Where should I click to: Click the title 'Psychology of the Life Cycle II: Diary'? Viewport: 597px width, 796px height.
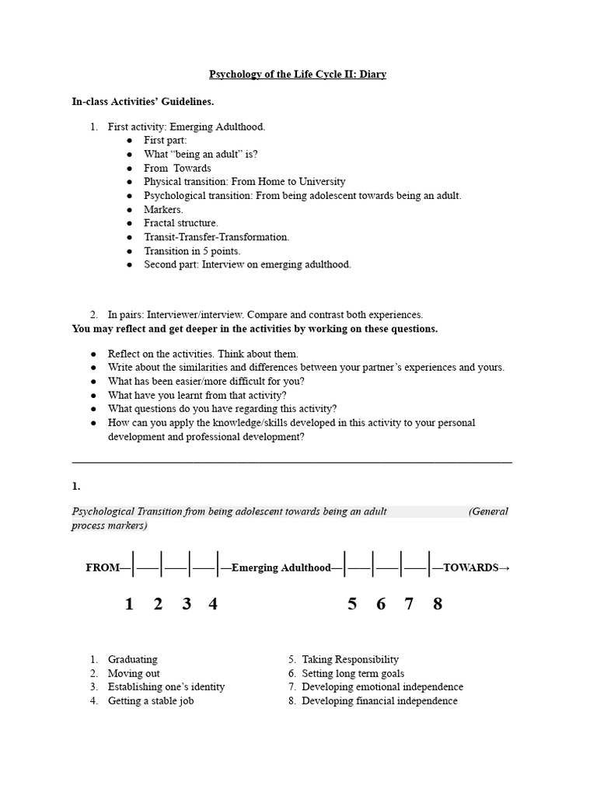[x=298, y=75]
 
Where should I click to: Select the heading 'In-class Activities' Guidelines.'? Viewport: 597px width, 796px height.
[x=142, y=101]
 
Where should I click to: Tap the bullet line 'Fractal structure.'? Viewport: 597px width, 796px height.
[x=181, y=223]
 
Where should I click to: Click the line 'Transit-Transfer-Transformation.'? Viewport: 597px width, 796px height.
[x=216, y=237]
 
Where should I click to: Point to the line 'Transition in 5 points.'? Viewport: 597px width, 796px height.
[x=192, y=251]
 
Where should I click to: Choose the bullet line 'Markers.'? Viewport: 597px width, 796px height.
[x=163, y=209]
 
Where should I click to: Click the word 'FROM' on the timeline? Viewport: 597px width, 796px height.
[x=103, y=568]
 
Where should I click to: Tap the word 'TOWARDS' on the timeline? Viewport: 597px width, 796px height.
[x=470, y=568]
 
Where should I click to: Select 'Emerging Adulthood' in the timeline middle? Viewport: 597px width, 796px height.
[x=281, y=568]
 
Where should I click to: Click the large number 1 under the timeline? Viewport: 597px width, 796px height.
[x=130, y=604]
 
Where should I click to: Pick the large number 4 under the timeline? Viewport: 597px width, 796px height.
[x=213, y=604]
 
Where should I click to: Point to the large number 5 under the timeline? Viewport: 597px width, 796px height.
[x=352, y=604]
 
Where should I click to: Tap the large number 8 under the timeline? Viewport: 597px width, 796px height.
[x=438, y=604]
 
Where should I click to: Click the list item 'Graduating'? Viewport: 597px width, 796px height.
[x=132, y=659]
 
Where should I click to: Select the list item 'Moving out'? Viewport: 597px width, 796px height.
[x=134, y=673]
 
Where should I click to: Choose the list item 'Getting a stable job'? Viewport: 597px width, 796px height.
[x=151, y=701]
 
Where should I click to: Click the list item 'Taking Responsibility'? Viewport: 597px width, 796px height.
[x=350, y=659]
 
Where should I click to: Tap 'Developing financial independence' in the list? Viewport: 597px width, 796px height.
[x=379, y=701]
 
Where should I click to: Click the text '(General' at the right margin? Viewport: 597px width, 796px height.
[x=488, y=511]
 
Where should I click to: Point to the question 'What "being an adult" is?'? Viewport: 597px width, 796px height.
[x=201, y=154]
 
